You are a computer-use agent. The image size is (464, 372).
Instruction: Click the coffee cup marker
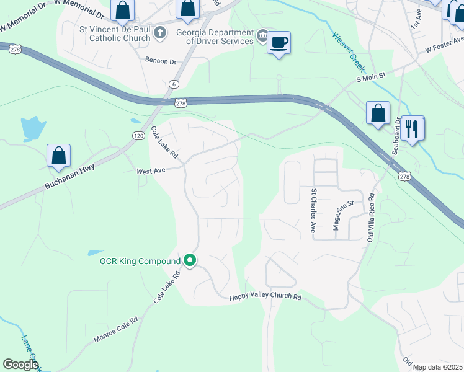click(x=279, y=43)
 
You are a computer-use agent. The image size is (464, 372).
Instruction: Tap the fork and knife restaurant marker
click(x=412, y=129)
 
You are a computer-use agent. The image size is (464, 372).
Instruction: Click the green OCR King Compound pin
click(x=190, y=261)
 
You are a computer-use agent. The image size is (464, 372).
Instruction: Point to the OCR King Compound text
click(x=140, y=261)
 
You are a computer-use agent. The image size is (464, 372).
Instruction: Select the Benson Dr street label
click(x=161, y=61)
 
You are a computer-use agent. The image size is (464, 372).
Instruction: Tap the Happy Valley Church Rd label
click(x=265, y=298)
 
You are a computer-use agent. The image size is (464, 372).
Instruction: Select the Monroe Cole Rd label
click(x=115, y=330)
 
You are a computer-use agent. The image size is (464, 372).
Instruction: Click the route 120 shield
click(x=138, y=135)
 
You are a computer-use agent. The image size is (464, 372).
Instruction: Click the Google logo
click(x=20, y=365)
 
